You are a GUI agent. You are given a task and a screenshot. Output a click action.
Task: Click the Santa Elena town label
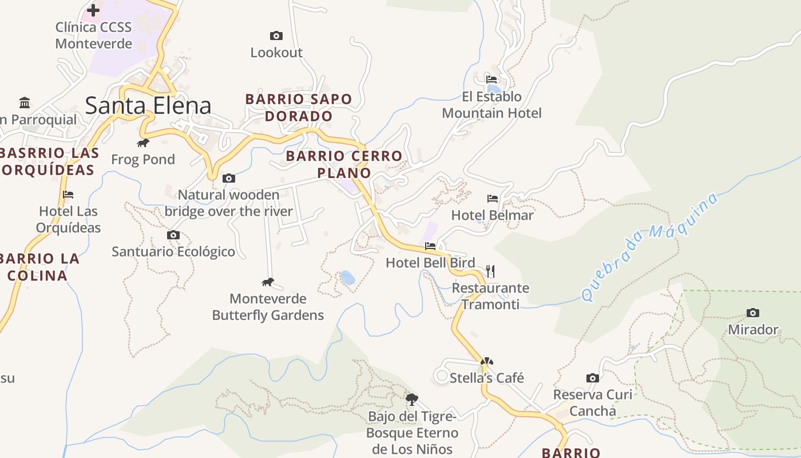148,106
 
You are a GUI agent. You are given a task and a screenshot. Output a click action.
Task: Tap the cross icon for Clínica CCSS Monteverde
93,10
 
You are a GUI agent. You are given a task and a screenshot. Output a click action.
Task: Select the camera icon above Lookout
276,36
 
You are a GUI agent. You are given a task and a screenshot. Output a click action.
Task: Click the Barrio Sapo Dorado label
298,108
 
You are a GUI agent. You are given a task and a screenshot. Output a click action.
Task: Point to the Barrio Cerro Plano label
344,164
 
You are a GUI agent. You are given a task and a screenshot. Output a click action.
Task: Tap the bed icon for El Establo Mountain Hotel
491,80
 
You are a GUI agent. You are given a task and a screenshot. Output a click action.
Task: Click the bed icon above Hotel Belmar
493,199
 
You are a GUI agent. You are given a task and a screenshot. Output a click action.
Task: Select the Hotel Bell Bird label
430,263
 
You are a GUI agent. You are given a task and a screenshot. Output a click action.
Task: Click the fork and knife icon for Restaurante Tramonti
490,271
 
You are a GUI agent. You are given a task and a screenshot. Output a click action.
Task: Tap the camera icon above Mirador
753,313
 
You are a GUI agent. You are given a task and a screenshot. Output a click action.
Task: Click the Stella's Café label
486,378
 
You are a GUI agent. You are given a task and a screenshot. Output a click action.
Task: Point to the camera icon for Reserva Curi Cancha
593,378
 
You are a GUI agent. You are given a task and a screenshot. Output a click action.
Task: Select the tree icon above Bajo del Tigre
411,399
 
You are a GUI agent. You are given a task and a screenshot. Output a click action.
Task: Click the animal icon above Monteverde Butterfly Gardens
268,282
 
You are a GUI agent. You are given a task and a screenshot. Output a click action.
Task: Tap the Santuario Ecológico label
173,251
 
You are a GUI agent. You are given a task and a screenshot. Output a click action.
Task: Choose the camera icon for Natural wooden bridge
229,178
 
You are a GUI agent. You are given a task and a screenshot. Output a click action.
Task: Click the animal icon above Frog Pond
143,143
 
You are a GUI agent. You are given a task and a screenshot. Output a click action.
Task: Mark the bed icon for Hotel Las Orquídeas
68,195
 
